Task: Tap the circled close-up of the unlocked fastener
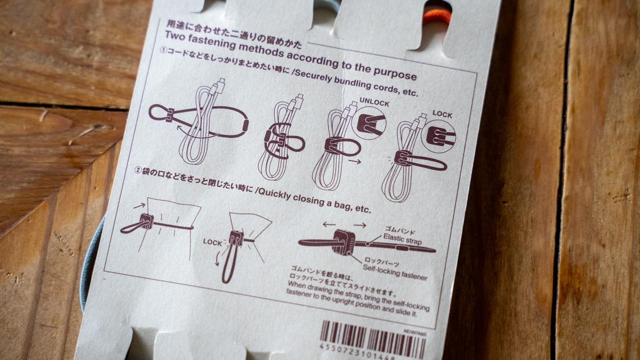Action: click(x=369, y=123)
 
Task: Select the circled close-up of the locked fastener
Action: click(x=439, y=135)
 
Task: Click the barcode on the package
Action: click(x=372, y=337)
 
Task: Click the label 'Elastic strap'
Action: click(x=402, y=239)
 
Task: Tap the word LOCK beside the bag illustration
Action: click(x=212, y=242)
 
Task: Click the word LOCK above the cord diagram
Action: click(x=442, y=114)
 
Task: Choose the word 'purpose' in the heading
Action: click(x=395, y=73)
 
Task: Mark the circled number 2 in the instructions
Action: click(x=138, y=171)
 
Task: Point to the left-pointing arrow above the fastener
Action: click(x=329, y=225)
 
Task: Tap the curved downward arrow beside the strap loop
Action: click(x=218, y=258)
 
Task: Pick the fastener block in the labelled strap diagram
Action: click(x=344, y=242)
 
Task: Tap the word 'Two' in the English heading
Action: click(x=175, y=36)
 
